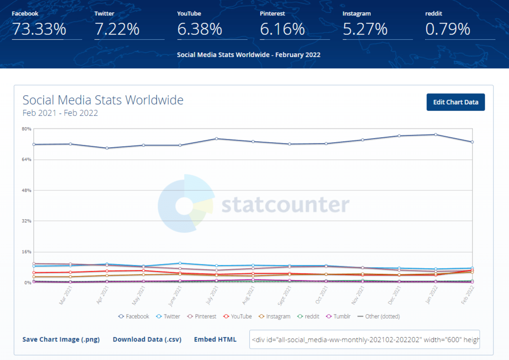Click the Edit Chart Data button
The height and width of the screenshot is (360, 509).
[x=456, y=102]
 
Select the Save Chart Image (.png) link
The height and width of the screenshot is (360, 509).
[x=61, y=339]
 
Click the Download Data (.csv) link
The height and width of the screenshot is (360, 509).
[x=147, y=339]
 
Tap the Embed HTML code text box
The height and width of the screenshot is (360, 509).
[x=364, y=339]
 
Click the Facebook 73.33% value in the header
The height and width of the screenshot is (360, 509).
[x=39, y=29]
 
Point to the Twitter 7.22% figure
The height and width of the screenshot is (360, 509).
[x=117, y=29]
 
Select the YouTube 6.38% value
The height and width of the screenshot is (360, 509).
[x=200, y=29]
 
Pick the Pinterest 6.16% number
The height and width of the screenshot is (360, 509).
[x=283, y=29]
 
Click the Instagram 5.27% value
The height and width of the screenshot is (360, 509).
[x=365, y=29]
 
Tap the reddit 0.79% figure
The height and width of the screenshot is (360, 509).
[x=447, y=29]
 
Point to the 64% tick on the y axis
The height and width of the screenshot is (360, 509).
[x=26, y=159]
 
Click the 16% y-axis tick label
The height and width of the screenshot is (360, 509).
[x=26, y=252]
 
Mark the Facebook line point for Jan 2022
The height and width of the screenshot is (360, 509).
[x=436, y=134]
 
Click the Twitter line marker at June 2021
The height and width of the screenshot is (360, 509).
[x=180, y=263]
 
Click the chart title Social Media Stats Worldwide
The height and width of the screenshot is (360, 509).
[x=103, y=100]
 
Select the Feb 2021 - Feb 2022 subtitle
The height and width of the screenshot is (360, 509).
[x=60, y=113]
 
